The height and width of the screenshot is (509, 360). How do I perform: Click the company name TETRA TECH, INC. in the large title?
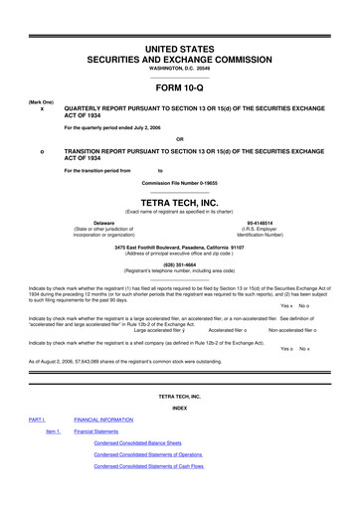(180, 199)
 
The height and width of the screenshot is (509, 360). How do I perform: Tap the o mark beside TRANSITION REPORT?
(41, 150)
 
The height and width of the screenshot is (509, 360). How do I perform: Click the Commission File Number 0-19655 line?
(180, 184)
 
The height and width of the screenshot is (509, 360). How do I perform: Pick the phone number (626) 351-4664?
(180, 264)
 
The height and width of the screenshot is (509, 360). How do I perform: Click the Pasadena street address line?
(180, 245)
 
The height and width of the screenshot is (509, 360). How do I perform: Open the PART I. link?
(37, 421)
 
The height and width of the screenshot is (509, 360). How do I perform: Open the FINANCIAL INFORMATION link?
(115, 421)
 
